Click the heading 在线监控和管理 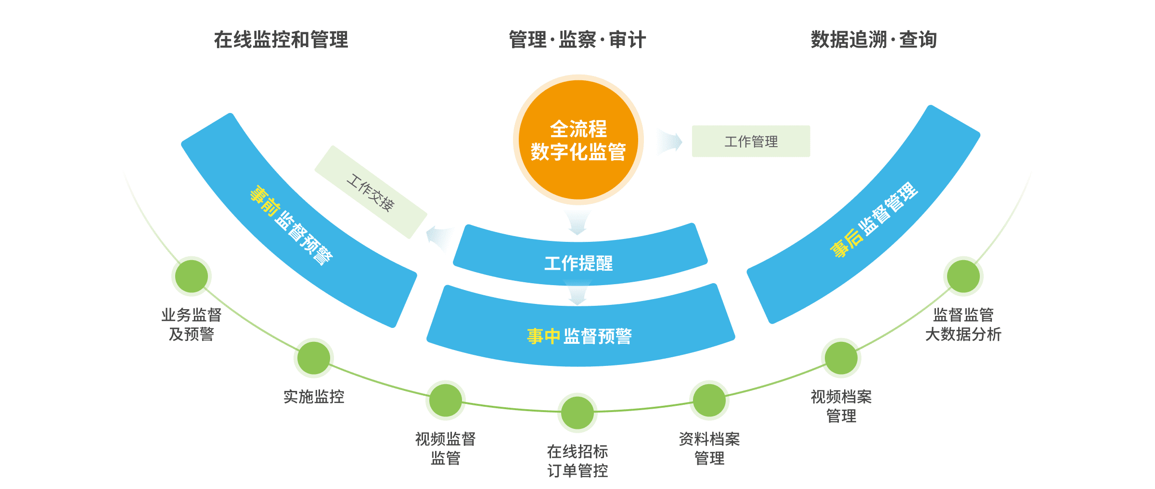click(x=281, y=40)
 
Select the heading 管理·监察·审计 click(x=577, y=40)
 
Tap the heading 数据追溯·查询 click(x=873, y=40)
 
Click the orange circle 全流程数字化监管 click(x=578, y=140)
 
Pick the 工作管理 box click(x=751, y=141)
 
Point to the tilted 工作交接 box click(x=371, y=192)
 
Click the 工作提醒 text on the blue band click(x=578, y=263)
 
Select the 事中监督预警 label click(x=579, y=336)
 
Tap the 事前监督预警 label click(x=292, y=225)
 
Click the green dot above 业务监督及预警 click(x=192, y=276)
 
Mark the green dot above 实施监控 click(x=314, y=358)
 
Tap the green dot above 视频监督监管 click(x=446, y=400)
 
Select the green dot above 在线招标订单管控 click(x=577, y=413)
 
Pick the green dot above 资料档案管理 click(x=709, y=400)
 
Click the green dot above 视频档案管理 click(x=841, y=358)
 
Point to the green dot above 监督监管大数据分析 click(x=963, y=276)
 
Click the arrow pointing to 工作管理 click(x=670, y=142)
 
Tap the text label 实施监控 click(x=314, y=397)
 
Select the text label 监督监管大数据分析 click(x=963, y=325)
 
